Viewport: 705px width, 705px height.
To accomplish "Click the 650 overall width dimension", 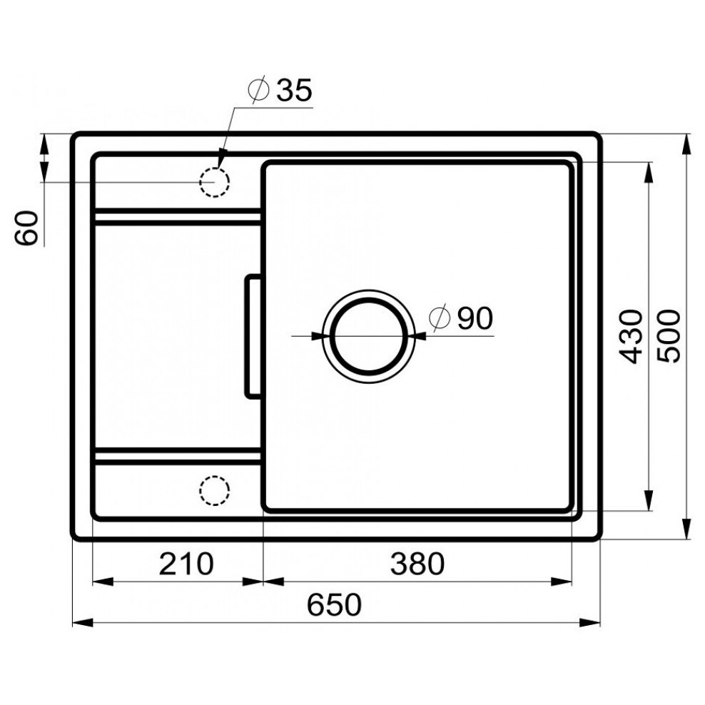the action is (x=334, y=604).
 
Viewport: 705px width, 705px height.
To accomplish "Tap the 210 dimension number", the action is (x=186, y=564).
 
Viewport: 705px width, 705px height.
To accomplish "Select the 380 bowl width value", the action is (x=417, y=564).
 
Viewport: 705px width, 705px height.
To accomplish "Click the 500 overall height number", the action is (x=669, y=336).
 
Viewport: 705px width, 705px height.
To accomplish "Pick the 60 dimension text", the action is (x=26, y=228).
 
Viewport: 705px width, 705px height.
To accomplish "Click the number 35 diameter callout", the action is (x=294, y=90).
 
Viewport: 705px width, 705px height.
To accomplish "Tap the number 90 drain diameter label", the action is (x=475, y=318).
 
